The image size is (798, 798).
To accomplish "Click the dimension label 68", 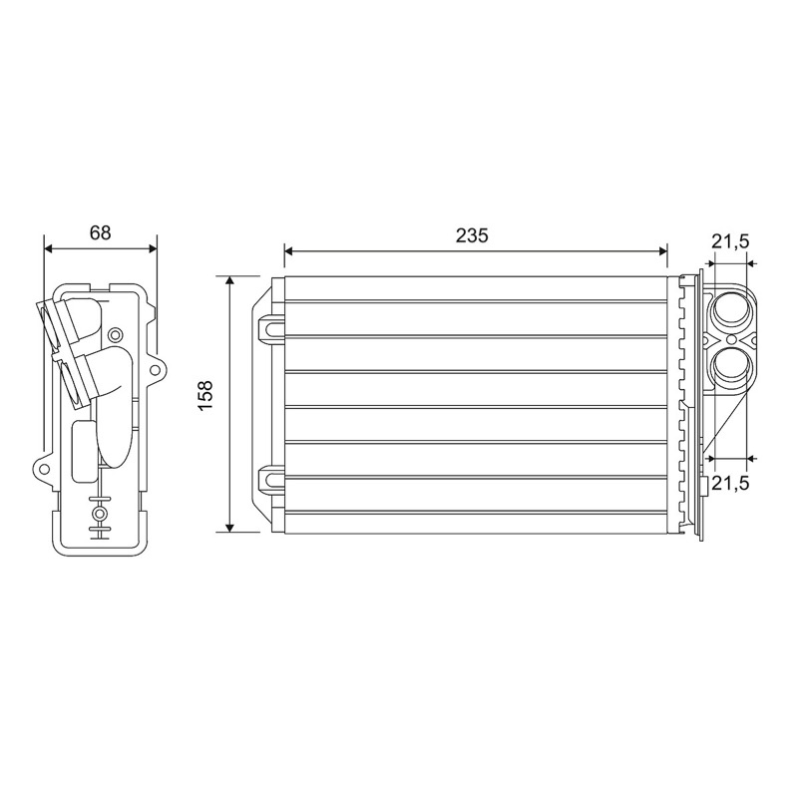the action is [x=101, y=232].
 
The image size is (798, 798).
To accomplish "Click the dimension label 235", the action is [x=472, y=235].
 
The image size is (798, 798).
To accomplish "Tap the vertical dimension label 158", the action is [x=205, y=396].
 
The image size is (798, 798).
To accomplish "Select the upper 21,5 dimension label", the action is [x=730, y=242].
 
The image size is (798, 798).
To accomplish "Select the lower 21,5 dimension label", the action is [x=730, y=484].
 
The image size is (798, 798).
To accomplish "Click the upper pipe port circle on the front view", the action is [x=731, y=311].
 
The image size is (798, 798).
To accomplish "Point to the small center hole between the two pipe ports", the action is [x=731, y=339].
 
